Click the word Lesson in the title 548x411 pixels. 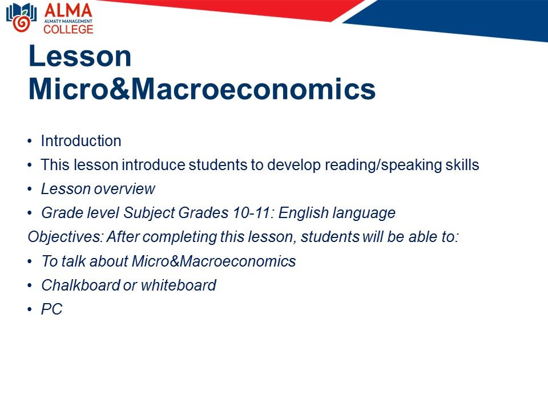pyautogui.click(x=80, y=56)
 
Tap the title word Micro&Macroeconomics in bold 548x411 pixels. pyautogui.click(x=202, y=89)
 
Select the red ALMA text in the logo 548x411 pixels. pyautogui.click(x=68, y=10)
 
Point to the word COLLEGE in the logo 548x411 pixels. pyautogui.click(x=68, y=29)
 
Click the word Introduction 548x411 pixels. pyautogui.click(x=81, y=141)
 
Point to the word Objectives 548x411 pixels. pyautogui.click(x=65, y=237)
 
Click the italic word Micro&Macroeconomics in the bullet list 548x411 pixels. pyautogui.click(x=214, y=261)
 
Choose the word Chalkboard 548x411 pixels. pyautogui.click(x=80, y=285)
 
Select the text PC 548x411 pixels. pyautogui.click(x=52, y=309)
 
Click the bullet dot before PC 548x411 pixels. pyautogui.click(x=30, y=309)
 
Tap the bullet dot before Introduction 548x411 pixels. pyautogui.click(x=30, y=141)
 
